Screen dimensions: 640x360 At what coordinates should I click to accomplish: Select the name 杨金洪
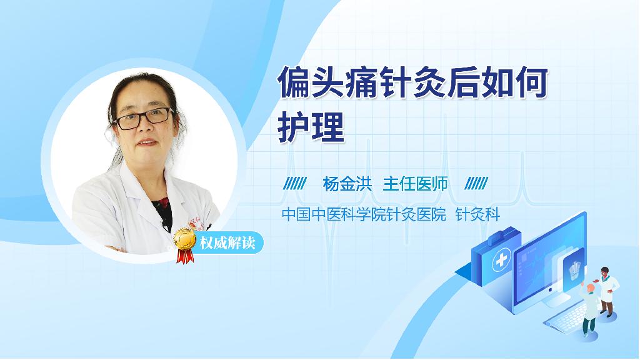tap(347, 184)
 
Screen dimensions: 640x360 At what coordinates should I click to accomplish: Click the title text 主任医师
tap(415, 184)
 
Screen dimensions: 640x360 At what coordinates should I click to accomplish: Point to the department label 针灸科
tap(477, 214)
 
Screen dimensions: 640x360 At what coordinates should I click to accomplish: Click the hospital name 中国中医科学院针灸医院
tap(364, 214)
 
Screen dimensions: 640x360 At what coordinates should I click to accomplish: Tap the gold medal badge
tap(184, 239)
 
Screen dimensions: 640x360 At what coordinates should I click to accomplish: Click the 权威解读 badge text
tap(227, 243)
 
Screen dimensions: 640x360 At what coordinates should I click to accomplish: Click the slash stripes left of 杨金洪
tap(295, 184)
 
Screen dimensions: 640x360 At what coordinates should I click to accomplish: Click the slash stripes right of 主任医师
tap(476, 184)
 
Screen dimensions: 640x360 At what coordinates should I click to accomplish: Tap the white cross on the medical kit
tap(501, 260)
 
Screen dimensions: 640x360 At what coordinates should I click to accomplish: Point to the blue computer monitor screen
tap(549, 265)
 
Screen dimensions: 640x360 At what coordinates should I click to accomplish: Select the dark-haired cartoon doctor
tap(606, 291)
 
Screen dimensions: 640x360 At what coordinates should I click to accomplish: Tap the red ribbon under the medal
tap(184, 256)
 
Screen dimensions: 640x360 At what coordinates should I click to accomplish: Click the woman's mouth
tap(147, 142)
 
